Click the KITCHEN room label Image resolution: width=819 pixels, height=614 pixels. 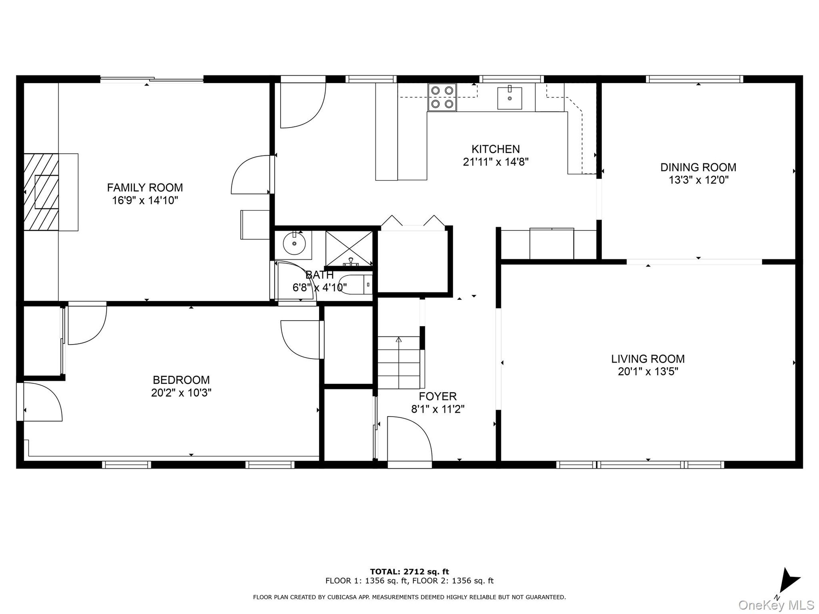pos(496,149)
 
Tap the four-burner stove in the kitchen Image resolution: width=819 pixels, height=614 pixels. pos(442,97)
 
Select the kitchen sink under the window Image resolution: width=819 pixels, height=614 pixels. pos(510,98)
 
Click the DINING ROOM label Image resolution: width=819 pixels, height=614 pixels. pos(698,167)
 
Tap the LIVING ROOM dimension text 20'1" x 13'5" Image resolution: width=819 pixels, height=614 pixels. pos(648,372)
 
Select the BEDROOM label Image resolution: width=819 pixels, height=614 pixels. pos(181,380)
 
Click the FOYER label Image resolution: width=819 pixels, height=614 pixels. pos(438,397)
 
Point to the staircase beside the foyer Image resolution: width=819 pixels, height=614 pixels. pos(399,362)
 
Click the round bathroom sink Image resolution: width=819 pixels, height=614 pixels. pos(294,244)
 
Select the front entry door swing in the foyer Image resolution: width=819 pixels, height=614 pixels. pos(409,439)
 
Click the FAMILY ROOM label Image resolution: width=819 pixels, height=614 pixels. pos(145,188)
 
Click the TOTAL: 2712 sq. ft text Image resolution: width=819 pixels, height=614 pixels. pos(409,572)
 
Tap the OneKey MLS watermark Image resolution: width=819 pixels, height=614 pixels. pos(776,605)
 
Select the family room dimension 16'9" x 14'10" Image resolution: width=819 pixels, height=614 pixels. pos(145,200)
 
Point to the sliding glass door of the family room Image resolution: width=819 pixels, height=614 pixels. pos(152,79)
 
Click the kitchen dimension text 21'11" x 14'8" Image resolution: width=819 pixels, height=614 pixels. pos(496,162)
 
